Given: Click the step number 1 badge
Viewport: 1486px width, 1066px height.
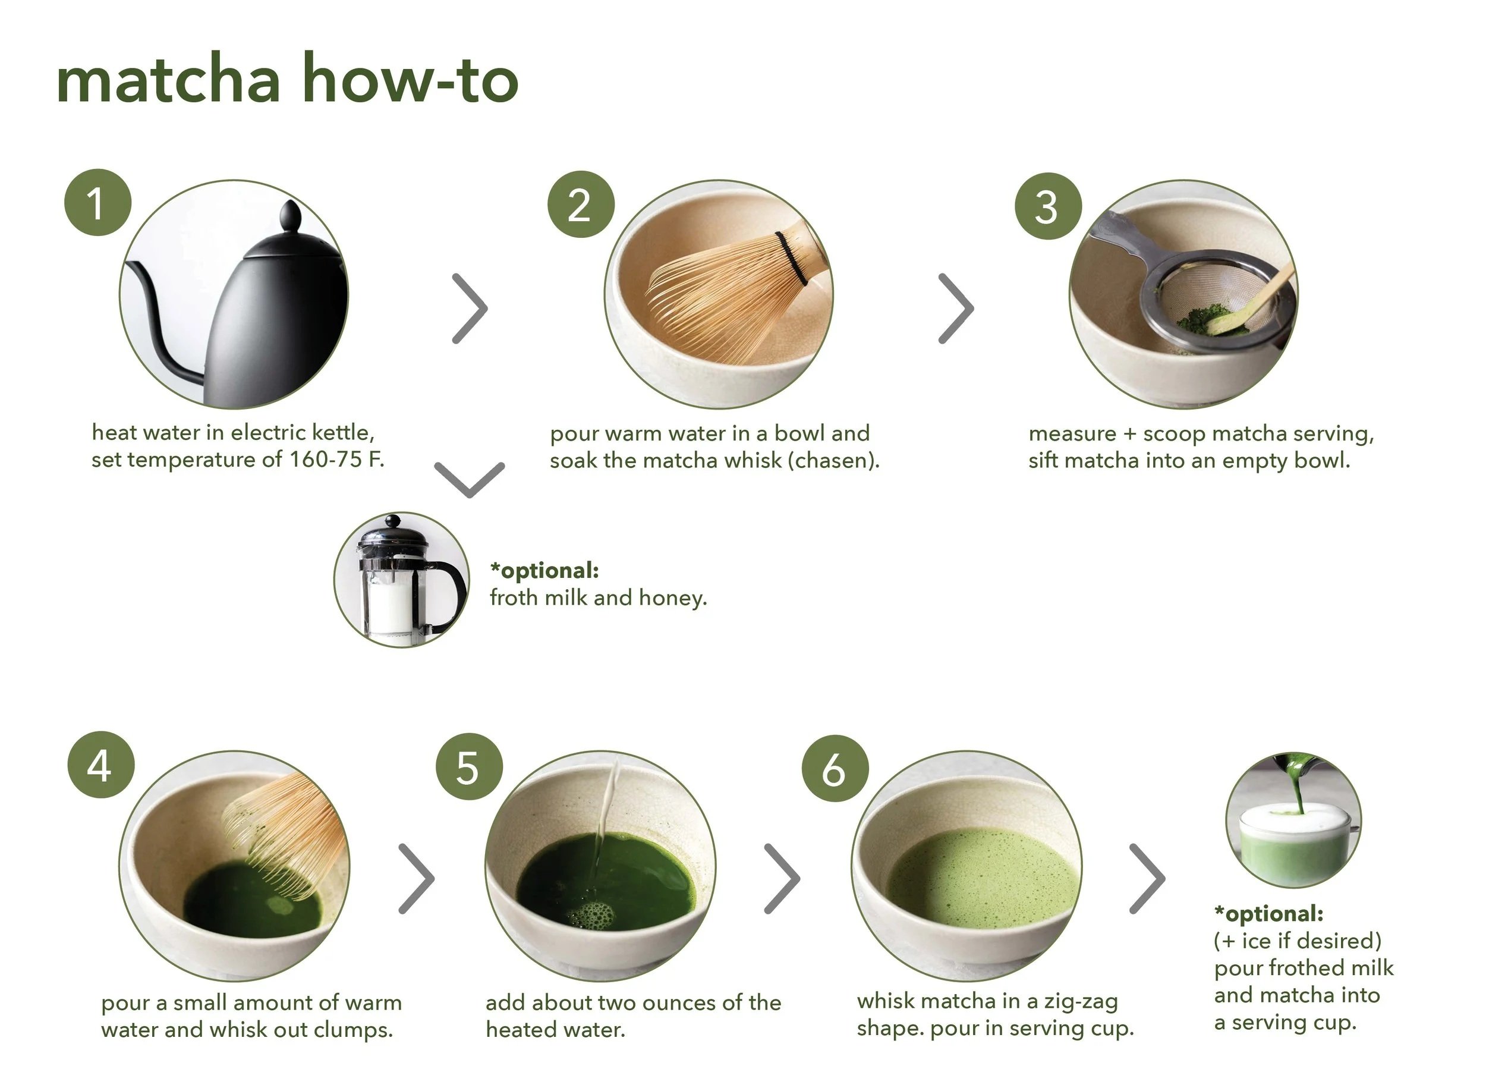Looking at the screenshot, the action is click(97, 203).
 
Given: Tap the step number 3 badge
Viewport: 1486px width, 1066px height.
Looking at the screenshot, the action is click(1048, 206).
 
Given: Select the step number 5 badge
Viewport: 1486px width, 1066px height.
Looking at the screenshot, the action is click(469, 766).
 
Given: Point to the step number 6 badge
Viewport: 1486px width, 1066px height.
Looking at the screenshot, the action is click(835, 768).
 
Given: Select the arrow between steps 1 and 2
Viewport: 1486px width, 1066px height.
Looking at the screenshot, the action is click(470, 309).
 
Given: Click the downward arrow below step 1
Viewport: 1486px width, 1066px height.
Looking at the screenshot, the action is click(469, 480).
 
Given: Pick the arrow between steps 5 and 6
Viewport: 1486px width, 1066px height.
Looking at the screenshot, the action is click(782, 879).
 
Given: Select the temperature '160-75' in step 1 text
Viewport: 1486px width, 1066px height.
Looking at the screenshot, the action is click(326, 460).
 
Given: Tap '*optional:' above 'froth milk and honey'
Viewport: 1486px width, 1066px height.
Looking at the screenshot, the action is click(544, 571).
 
